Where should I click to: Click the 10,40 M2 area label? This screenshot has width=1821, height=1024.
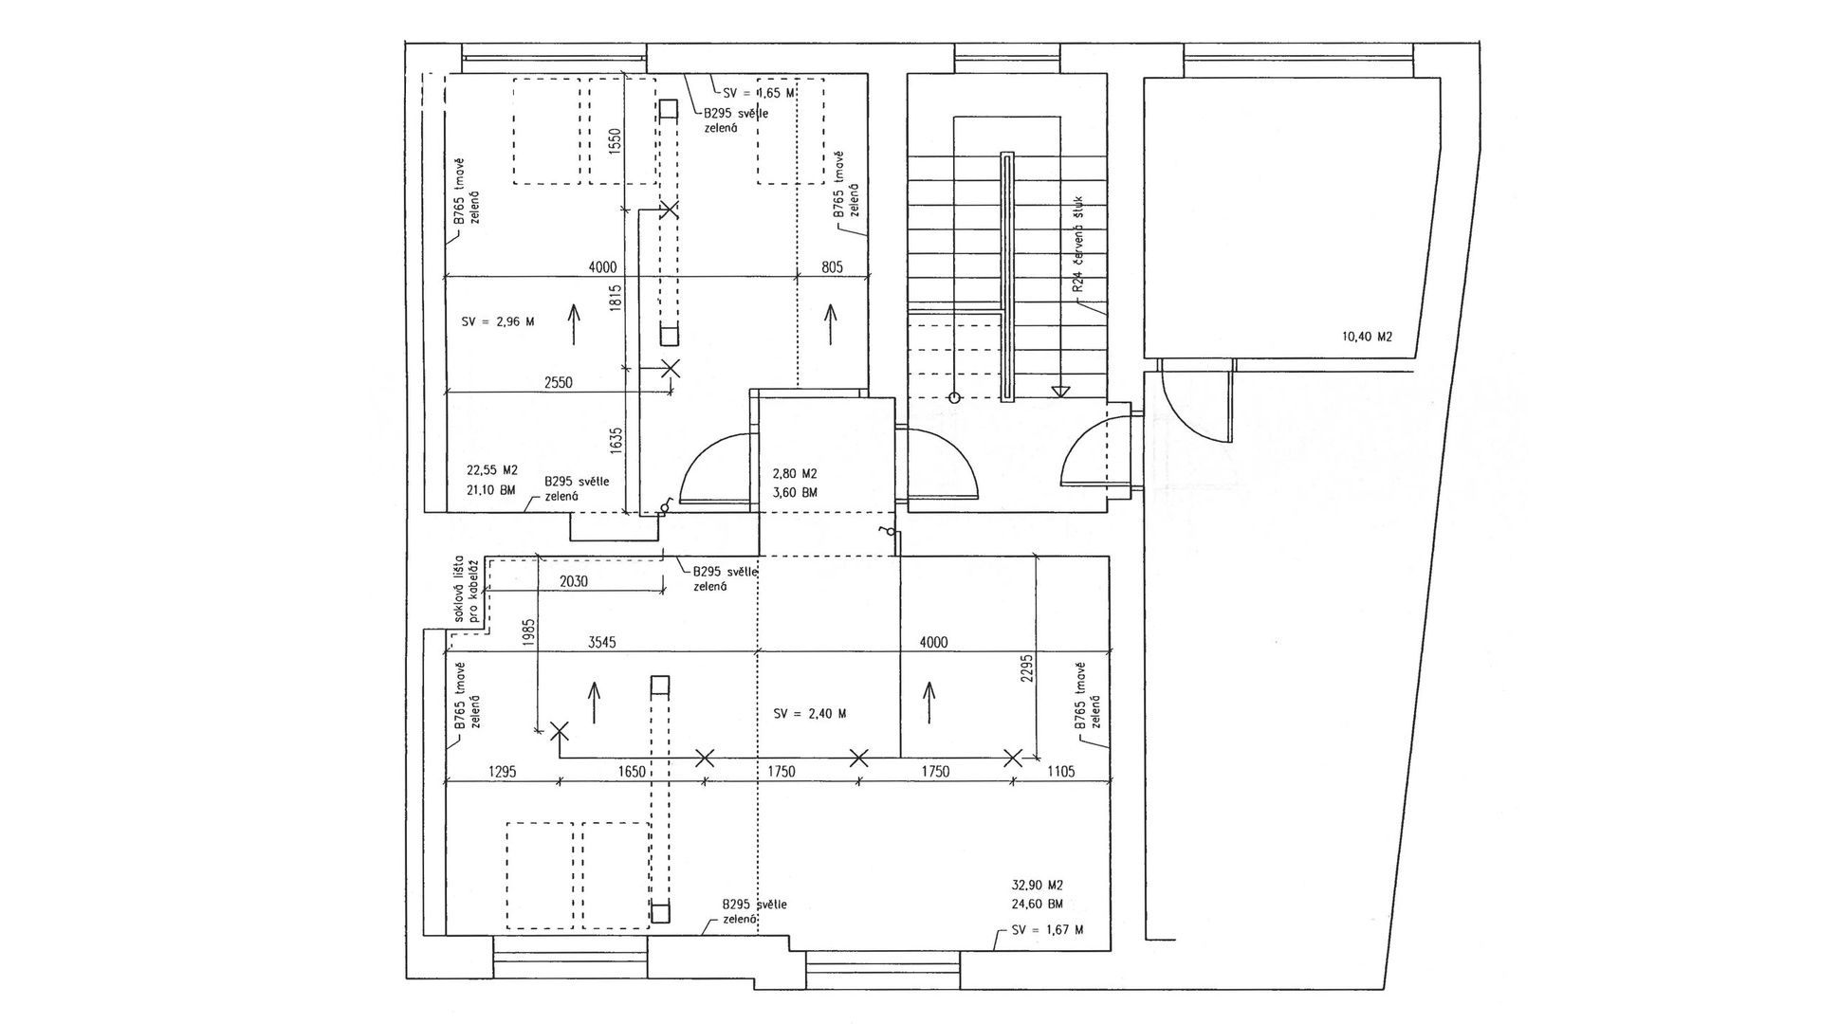point(1367,337)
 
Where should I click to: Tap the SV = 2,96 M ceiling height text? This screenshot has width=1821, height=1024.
point(498,322)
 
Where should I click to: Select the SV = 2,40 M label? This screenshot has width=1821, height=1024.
point(810,714)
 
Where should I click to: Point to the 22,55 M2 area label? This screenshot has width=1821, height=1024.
point(492,470)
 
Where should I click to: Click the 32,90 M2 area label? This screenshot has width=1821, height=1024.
point(1038,885)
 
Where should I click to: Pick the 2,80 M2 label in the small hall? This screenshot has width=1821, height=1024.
point(795,474)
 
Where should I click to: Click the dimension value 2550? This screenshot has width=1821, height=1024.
point(559,383)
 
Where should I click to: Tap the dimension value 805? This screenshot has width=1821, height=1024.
point(832,267)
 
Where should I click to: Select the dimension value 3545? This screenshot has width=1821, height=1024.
point(602,643)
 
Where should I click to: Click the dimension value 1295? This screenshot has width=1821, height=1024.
point(502,772)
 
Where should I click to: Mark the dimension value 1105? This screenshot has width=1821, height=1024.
point(1060,772)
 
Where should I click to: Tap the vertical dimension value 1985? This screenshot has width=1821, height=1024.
point(529,634)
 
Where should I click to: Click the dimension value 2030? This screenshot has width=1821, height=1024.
point(574,581)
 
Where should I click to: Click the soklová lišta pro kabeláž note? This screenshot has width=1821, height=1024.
point(465,589)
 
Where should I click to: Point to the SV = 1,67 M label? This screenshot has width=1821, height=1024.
point(1047,930)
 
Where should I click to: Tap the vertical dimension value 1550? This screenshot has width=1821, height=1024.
point(615,142)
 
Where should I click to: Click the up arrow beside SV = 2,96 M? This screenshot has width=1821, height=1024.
point(574,323)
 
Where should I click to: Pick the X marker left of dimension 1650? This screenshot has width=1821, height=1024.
point(560,730)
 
